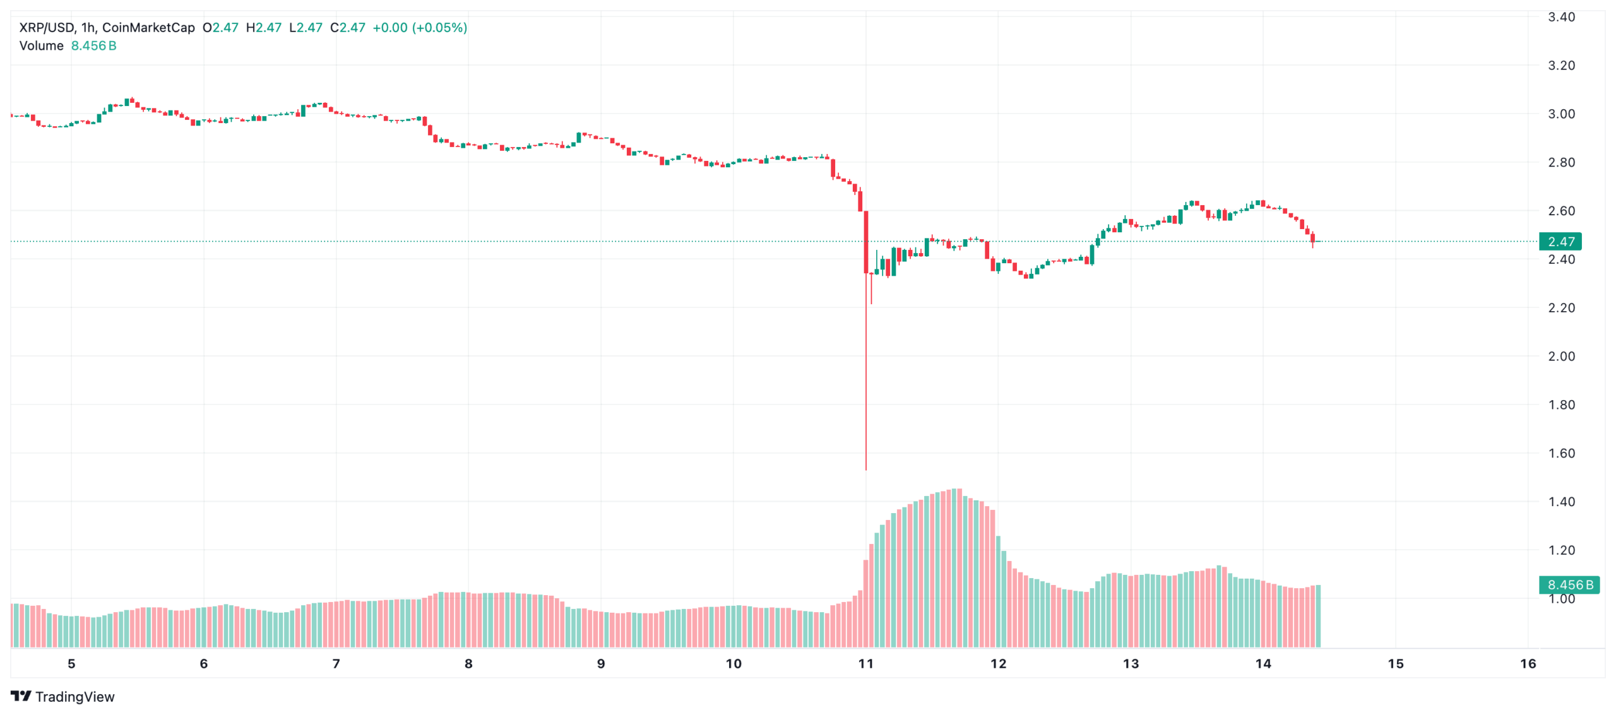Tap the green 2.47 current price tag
(x=1560, y=242)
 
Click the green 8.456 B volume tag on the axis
(x=1569, y=585)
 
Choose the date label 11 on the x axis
(x=865, y=663)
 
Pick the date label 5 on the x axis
(x=71, y=663)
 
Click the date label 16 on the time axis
(x=1528, y=663)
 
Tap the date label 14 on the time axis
(x=1262, y=663)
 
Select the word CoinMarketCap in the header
(x=148, y=28)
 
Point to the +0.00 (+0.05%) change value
(x=420, y=28)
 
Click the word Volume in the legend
(x=42, y=46)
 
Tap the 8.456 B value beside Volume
(x=93, y=46)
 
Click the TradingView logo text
(x=74, y=697)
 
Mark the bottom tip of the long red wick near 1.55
(x=866, y=469)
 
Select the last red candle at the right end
(x=1312, y=237)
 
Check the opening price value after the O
(x=225, y=28)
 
